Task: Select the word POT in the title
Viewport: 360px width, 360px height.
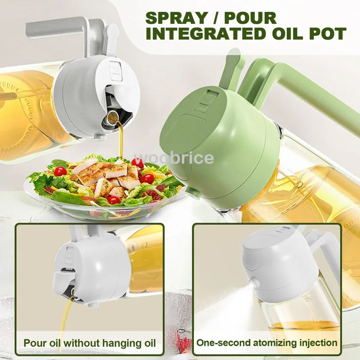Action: coord(326,34)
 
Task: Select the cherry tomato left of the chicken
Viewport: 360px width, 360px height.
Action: coord(60,171)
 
